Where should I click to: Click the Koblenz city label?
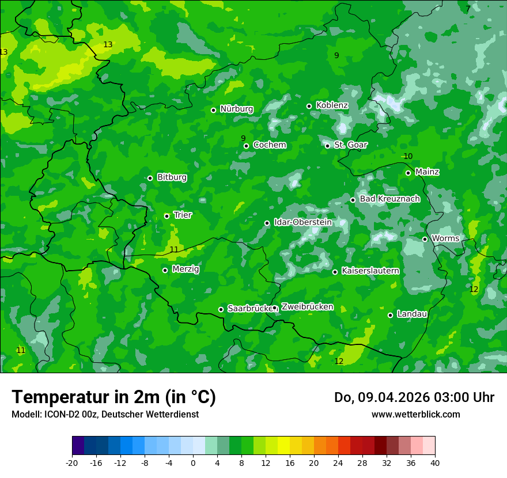tap(332, 105)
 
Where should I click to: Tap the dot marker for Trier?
tap(167, 216)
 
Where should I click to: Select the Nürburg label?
tap(236, 109)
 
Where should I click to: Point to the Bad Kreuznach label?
tap(389, 199)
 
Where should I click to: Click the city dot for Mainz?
tap(408, 173)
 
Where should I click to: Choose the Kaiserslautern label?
tap(370, 271)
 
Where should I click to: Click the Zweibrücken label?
tap(307, 307)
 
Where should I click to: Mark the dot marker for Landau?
tap(390, 315)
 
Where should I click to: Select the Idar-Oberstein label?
tap(302, 222)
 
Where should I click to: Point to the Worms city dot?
tap(425, 239)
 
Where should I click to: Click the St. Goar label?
tap(350, 145)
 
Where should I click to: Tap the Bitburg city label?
tap(172, 177)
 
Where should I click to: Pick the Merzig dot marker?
tap(165, 270)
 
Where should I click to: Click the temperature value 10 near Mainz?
tap(408, 157)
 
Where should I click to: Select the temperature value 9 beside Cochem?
tap(243, 138)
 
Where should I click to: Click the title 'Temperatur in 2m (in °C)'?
tap(113, 397)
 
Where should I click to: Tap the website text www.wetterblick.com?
tap(415, 414)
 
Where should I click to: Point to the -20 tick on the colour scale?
tap(72, 463)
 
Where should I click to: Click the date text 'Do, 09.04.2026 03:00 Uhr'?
tap(414, 397)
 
